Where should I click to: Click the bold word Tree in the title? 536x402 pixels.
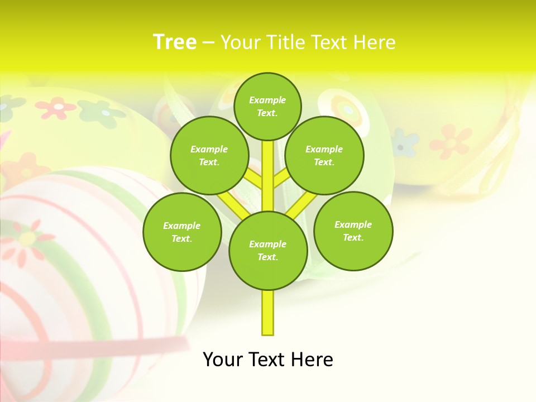point(175,42)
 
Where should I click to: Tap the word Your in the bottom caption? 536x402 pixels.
point(222,360)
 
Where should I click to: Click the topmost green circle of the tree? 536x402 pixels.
point(267,106)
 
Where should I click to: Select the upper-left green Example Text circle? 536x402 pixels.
point(209,155)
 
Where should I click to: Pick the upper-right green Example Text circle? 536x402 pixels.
point(324,155)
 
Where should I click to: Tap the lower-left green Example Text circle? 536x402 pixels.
point(182,232)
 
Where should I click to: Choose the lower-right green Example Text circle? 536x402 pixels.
point(353,231)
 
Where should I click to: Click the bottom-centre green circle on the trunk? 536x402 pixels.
point(268,250)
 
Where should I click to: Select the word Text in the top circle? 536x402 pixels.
point(267,113)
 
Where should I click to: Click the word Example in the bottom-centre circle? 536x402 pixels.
point(267,244)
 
